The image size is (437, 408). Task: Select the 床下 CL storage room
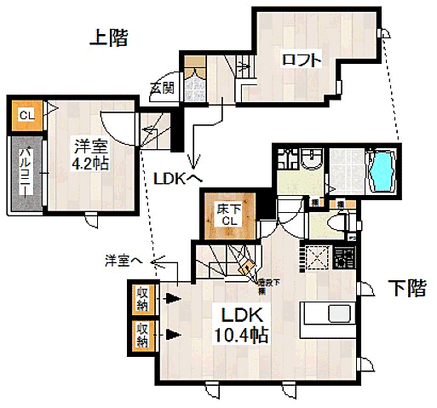click(225, 215)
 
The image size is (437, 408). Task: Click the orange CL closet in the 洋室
click(26, 116)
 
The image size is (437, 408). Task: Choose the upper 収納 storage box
click(142, 298)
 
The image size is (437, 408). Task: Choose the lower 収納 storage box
click(142, 335)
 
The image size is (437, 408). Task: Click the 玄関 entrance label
click(161, 87)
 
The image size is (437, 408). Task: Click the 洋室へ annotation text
click(124, 258)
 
